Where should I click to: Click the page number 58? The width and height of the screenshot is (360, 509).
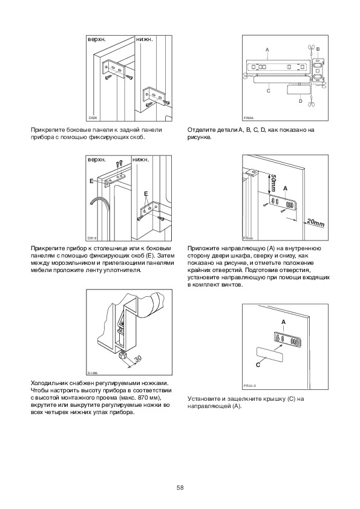(180, 488)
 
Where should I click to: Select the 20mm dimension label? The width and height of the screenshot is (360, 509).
(315, 222)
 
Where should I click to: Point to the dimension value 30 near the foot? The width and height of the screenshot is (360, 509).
(138, 358)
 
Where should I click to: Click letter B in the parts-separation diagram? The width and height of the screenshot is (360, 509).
(318, 49)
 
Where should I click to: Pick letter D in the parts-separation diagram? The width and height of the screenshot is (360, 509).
(301, 101)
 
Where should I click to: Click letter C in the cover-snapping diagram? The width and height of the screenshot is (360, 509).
(258, 365)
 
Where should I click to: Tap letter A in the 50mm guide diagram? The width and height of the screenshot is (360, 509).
(285, 188)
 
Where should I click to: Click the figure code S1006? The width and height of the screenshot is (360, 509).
(93, 372)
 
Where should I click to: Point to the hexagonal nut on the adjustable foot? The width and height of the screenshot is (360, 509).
(122, 355)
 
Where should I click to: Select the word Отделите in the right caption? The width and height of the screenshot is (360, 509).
(198, 130)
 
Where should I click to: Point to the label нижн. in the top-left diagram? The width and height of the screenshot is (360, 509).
(145, 39)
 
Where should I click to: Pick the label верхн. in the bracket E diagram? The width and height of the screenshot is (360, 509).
(97, 160)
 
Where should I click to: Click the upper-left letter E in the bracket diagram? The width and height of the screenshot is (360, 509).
(91, 181)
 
